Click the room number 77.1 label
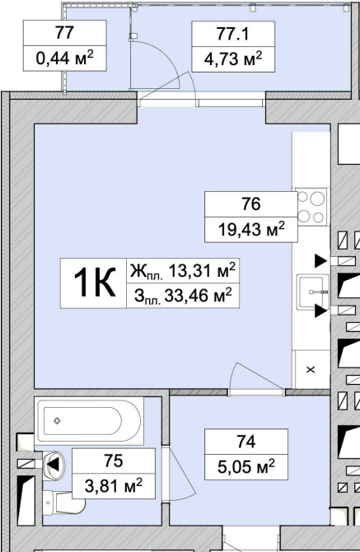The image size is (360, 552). pyautogui.click(x=233, y=34)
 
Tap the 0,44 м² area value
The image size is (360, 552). pyautogui.click(x=65, y=58)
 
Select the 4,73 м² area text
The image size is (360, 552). pyautogui.click(x=233, y=58)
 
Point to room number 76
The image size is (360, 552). pyautogui.click(x=251, y=204)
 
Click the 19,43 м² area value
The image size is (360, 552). pyautogui.click(x=251, y=230)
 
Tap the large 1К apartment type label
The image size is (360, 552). pyautogui.click(x=94, y=283)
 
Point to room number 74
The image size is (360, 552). pyautogui.click(x=246, y=442)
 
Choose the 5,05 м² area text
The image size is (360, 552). pyautogui.click(x=246, y=467)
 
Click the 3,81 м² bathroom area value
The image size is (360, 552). pyautogui.click(x=114, y=486)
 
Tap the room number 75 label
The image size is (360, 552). pyautogui.click(x=114, y=461)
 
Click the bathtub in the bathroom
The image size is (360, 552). pyautogui.click(x=90, y=420)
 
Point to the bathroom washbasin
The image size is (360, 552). pyautogui.click(x=54, y=465)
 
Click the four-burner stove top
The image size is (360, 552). pyautogui.click(x=311, y=208)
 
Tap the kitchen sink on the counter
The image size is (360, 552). pyautogui.click(x=312, y=292)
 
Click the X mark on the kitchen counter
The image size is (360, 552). pyautogui.click(x=311, y=370)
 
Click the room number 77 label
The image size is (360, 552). pyautogui.click(x=65, y=33)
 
